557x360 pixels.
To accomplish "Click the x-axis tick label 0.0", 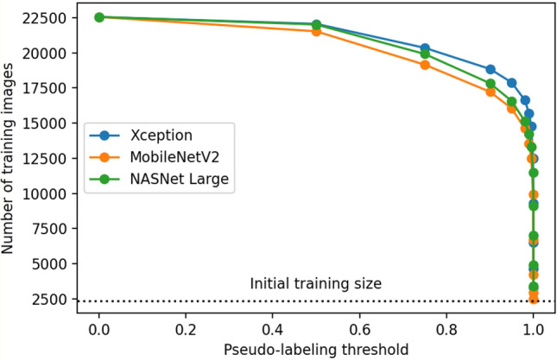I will (99, 329).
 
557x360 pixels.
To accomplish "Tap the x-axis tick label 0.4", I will (273, 329).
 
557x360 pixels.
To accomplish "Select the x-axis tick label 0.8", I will (446, 329).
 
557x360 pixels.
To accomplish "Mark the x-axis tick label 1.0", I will (533, 329).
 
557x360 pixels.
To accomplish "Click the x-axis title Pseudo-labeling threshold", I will (316, 349).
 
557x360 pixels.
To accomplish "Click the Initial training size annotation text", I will (315, 283).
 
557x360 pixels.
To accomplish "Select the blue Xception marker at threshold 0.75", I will (425, 48).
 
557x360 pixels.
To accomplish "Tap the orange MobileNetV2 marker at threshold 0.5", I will (316, 31).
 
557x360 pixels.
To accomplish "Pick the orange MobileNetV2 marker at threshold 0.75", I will (425, 65).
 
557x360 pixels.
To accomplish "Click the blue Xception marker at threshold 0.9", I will (491, 69).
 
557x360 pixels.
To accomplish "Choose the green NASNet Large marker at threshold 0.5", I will (316, 24).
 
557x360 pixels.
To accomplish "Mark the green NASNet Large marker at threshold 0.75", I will (425, 54).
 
